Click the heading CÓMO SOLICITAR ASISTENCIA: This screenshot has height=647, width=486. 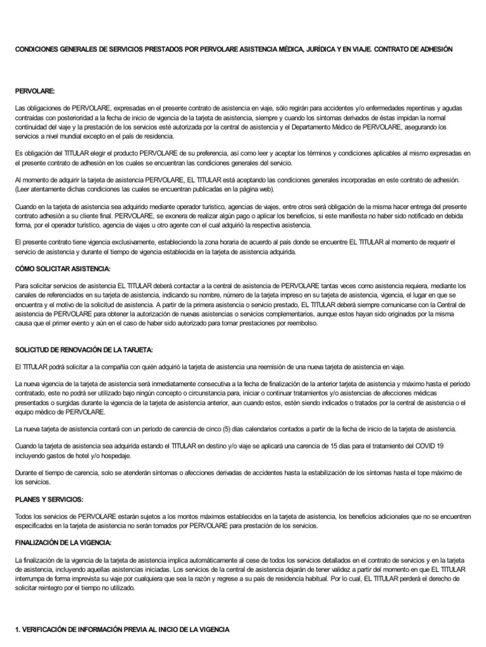pyautogui.click(x=63, y=269)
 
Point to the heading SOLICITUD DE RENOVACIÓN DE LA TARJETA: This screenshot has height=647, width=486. pyautogui.click(x=84, y=350)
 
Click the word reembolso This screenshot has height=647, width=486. pyautogui.click(x=300, y=323)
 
